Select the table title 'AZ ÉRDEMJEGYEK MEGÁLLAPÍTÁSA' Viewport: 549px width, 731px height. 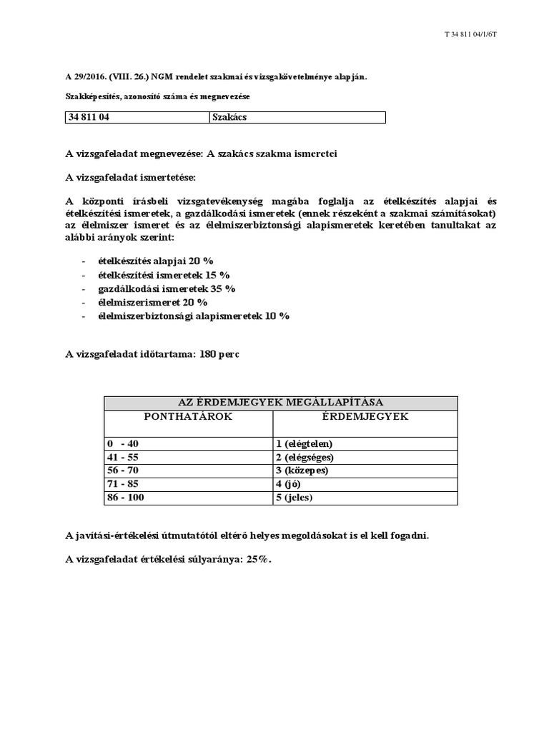pyautogui.click(x=281, y=403)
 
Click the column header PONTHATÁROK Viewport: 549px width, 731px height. pyautogui.click(x=188, y=417)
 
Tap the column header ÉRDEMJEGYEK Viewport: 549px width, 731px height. pyautogui.click(x=365, y=417)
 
